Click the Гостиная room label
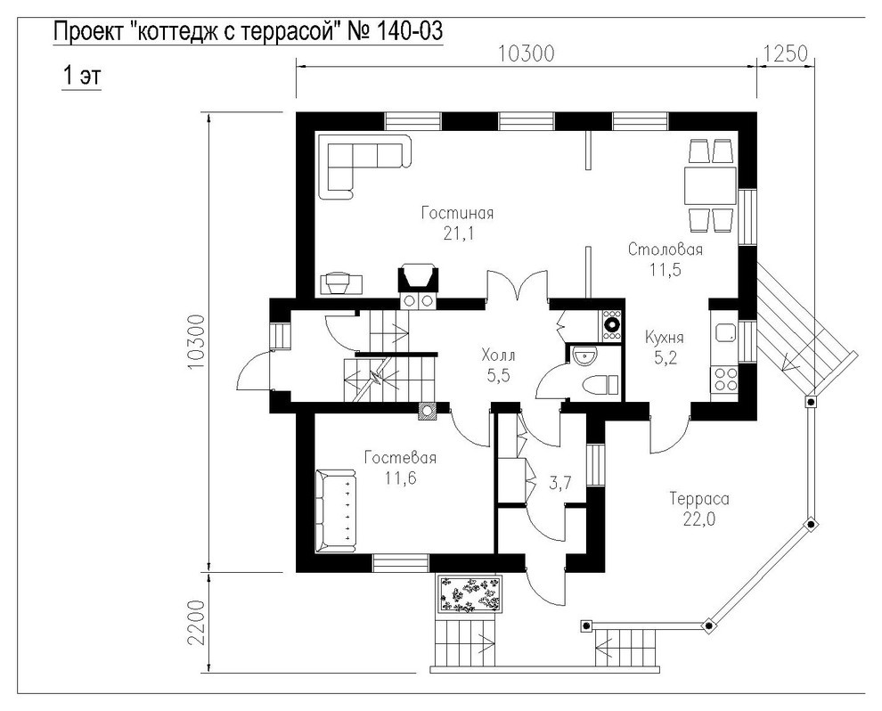[457, 213]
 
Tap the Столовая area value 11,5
[666, 269]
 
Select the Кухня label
[665, 338]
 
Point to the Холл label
[498, 355]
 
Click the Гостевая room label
[400, 457]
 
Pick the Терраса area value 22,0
[699, 519]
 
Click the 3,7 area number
[559, 482]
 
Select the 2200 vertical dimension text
[196, 624]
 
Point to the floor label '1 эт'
[81, 75]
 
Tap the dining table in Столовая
[710, 185]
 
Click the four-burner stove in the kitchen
[724, 378]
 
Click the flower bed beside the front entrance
[470, 594]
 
